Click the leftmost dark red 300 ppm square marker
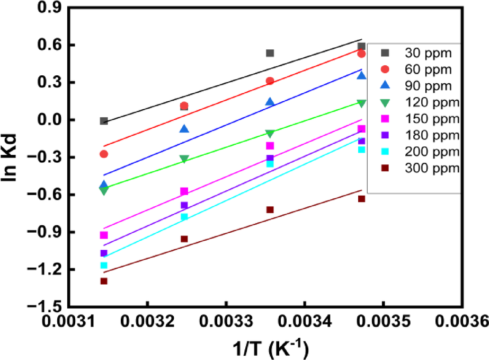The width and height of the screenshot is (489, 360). pos(104,281)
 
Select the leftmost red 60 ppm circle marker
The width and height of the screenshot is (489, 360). pos(104,154)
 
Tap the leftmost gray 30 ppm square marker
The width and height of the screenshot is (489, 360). pos(104,121)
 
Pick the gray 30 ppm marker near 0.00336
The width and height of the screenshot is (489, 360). pos(270,53)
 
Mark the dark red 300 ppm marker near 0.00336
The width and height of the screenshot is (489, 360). pos(270,210)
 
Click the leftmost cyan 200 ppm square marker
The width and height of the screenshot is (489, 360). pos(104,266)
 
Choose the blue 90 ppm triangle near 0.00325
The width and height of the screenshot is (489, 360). pos(184,129)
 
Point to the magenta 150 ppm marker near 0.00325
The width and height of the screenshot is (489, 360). pos(184,191)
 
